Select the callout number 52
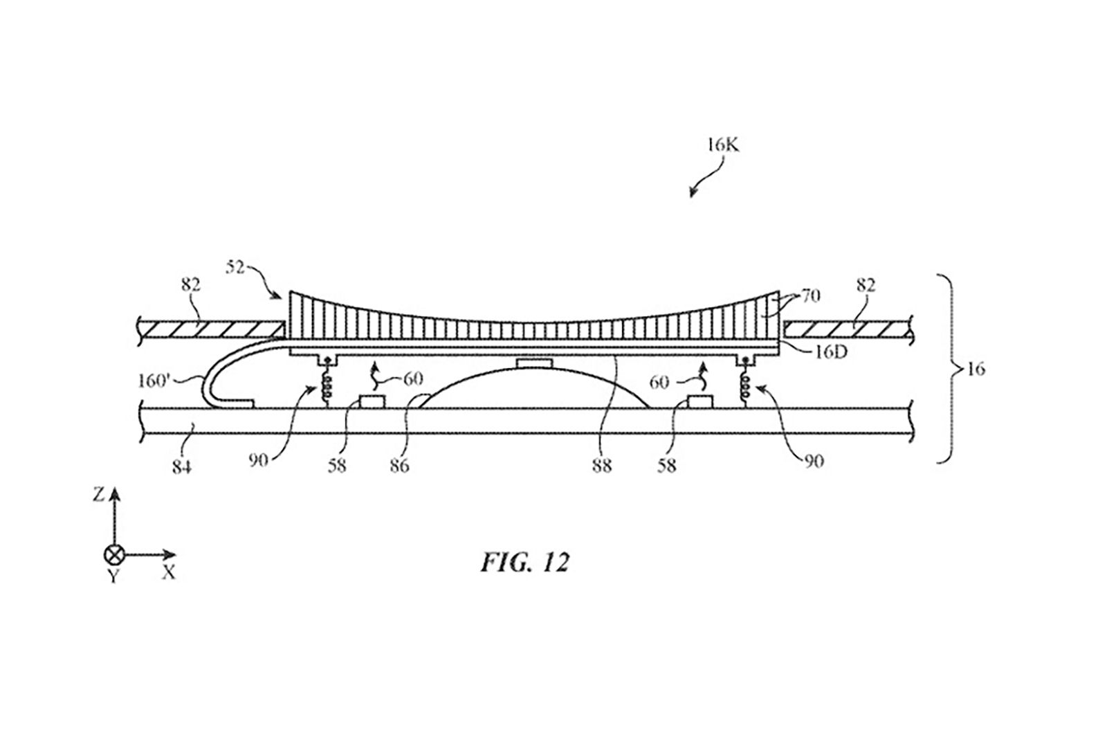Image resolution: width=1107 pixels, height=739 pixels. [236, 267]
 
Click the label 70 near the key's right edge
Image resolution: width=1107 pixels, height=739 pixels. [811, 296]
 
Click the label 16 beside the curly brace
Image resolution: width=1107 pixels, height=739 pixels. [976, 369]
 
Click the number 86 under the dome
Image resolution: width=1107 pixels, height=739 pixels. [399, 465]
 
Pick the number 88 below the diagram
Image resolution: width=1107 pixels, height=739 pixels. [601, 466]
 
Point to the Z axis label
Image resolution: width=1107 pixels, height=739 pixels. [99, 494]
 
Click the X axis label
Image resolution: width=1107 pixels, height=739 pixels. [168, 572]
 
